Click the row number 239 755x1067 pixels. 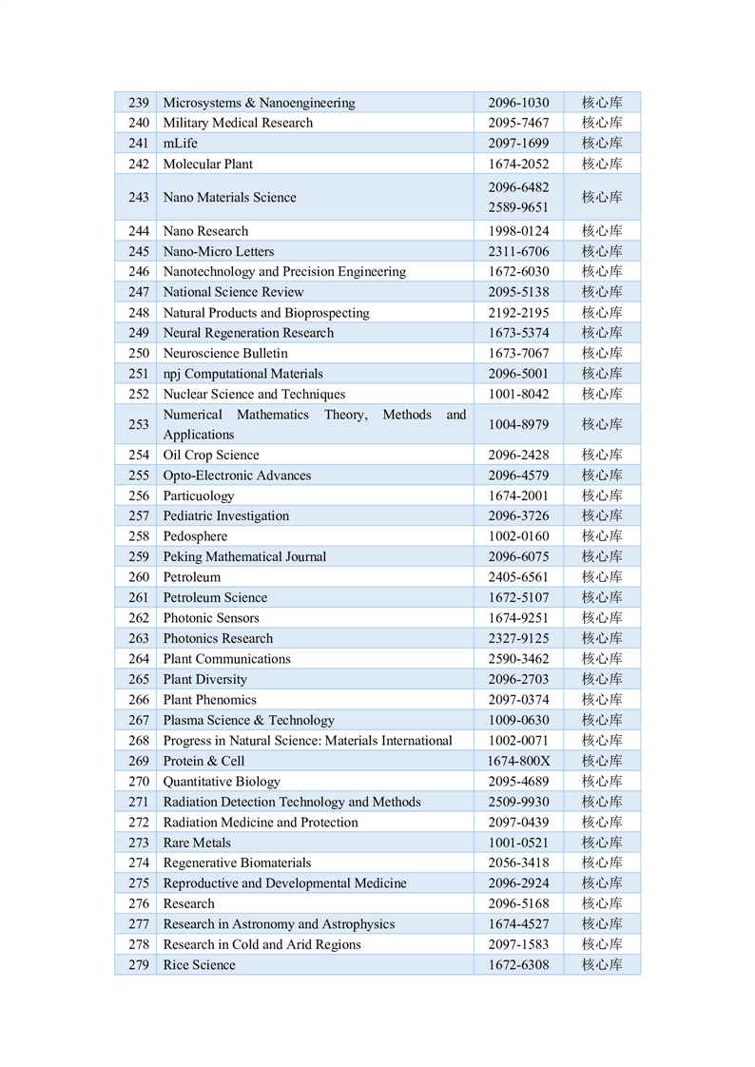[139, 103]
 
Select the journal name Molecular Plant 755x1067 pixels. [208, 164]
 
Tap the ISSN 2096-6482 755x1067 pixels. [518, 187]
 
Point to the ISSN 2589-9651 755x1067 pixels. [518, 207]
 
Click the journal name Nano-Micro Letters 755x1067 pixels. [219, 251]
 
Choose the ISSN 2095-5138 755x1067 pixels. [518, 292]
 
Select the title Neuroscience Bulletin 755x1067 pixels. [225, 354]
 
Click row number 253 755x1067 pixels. [139, 424]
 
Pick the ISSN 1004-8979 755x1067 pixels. [518, 424]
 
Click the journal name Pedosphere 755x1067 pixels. [195, 536]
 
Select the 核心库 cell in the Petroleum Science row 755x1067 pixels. [602, 597]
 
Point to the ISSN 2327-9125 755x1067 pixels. [518, 638]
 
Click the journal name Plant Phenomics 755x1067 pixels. [210, 699]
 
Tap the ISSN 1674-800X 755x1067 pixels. [518, 761]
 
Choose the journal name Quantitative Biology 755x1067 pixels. [222, 782]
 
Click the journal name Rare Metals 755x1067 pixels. [197, 843]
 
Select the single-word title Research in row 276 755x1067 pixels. [189, 903]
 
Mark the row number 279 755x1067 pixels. [139, 964]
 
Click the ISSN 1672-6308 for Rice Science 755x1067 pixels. [518, 964]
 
